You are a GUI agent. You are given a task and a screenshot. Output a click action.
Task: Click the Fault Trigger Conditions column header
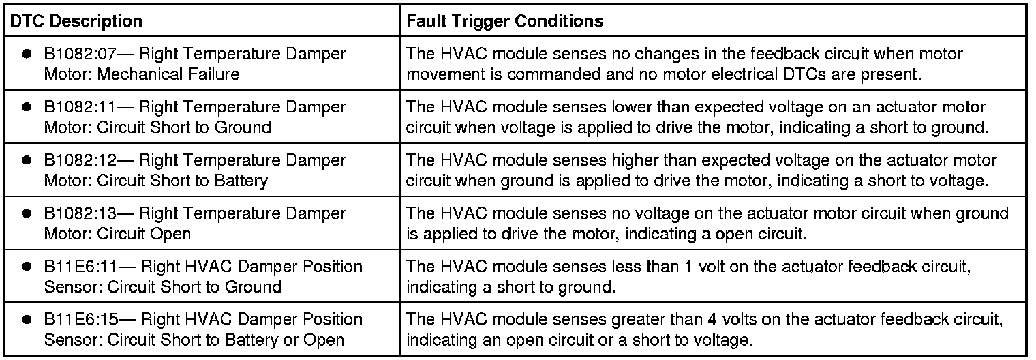coord(504,21)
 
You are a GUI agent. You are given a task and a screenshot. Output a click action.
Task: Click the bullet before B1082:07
coord(27,54)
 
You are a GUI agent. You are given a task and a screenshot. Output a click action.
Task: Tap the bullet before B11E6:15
coord(27,320)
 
